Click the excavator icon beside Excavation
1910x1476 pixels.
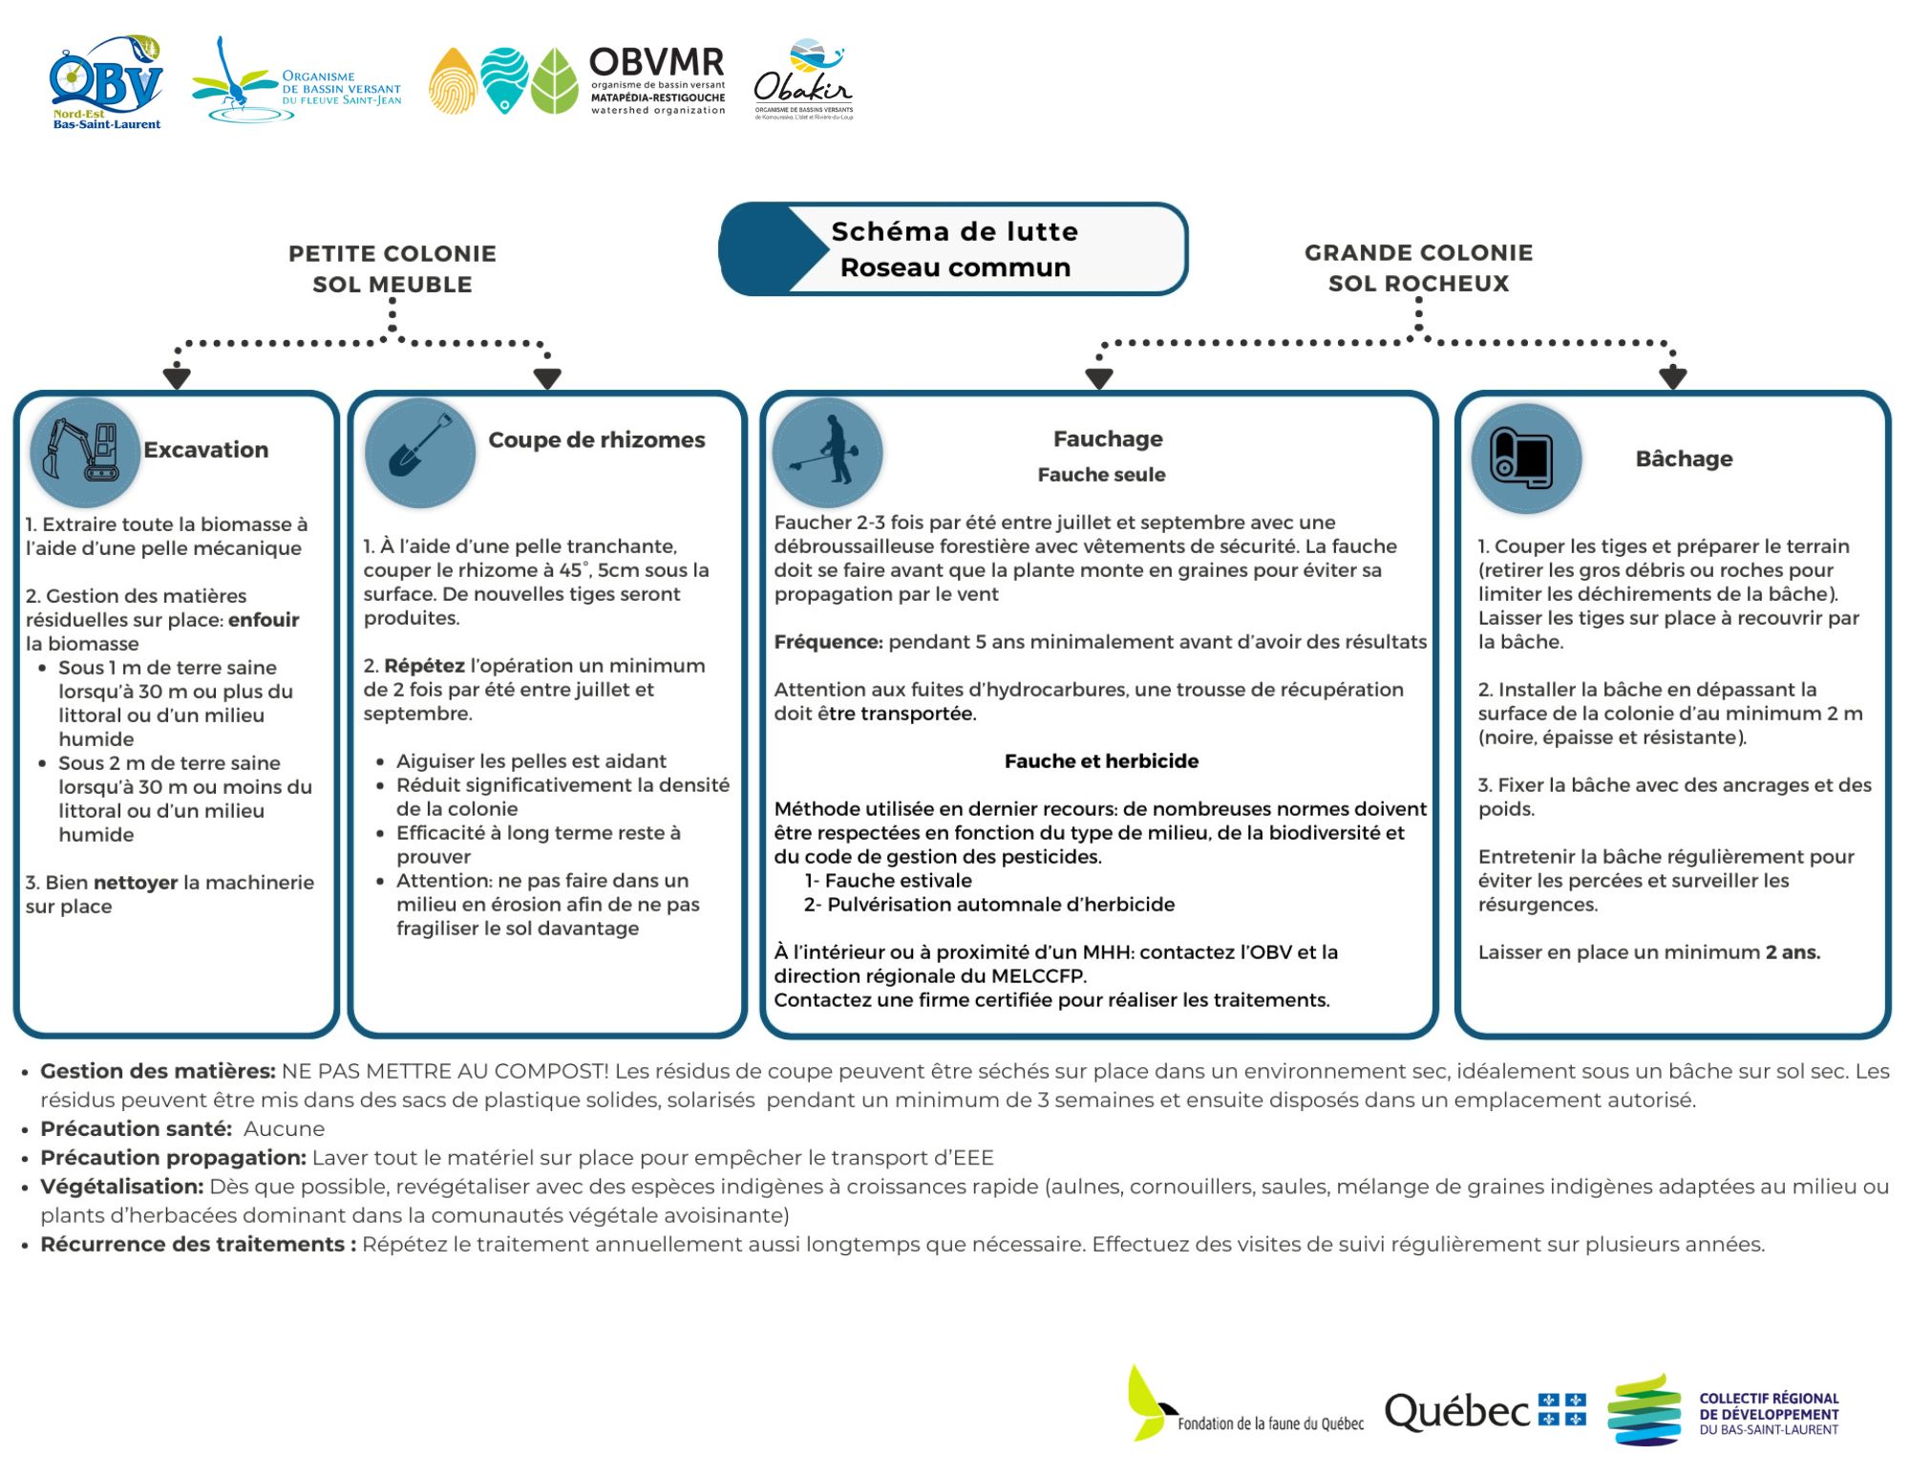point(84,451)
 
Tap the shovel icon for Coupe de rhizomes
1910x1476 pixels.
point(420,451)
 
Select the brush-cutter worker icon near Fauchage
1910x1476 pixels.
point(827,451)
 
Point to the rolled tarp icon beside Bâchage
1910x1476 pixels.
point(1526,459)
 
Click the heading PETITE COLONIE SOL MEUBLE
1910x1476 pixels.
point(393,268)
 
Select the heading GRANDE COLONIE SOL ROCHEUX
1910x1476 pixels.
point(1418,267)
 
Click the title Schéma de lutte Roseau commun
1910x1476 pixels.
point(955,249)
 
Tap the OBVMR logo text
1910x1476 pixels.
point(657,78)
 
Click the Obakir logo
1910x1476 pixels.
point(803,80)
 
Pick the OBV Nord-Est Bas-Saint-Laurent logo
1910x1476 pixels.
point(106,82)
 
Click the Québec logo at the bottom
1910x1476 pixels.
point(1484,1411)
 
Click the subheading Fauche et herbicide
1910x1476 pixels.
point(1101,761)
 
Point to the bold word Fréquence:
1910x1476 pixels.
point(828,642)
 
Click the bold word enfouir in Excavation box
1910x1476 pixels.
point(264,620)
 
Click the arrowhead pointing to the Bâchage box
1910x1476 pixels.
point(1672,378)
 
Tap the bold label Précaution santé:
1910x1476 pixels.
point(137,1129)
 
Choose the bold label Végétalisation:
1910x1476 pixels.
point(122,1187)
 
